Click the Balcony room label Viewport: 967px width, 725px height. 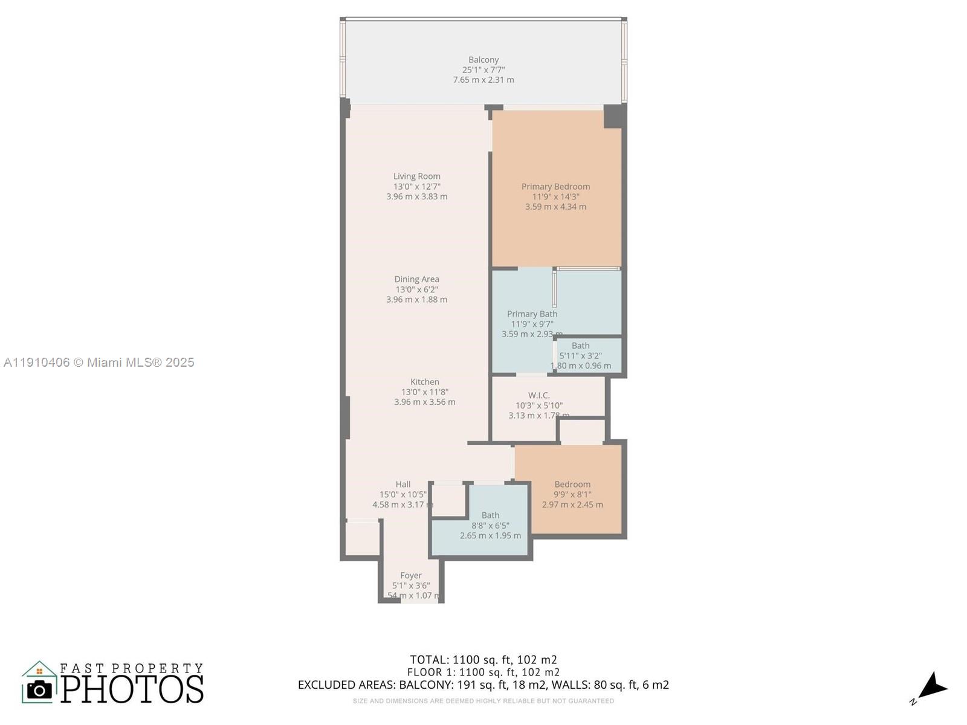coord(483,60)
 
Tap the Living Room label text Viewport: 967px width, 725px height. coord(416,176)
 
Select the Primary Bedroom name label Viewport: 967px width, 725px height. coord(555,187)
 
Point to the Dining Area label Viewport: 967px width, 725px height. coord(416,279)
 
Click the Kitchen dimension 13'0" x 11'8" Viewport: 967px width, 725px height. coord(424,392)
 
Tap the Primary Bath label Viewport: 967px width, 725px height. coord(532,314)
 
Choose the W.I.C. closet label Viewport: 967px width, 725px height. coord(538,395)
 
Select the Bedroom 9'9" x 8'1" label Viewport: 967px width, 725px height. coord(572,485)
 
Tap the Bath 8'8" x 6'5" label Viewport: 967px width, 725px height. coord(490,515)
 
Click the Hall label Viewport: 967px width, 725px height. coord(403,484)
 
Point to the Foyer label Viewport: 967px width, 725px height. coord(411,576)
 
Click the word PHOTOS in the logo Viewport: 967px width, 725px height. coord(132,689)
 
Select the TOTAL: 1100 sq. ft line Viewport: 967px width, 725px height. coord(483,660)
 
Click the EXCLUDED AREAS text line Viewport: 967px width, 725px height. coord(483,685)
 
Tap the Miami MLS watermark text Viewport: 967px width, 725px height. coord(99,362)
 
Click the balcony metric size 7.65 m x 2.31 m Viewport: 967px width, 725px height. coord(483,80)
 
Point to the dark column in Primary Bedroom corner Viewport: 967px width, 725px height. coord(613,116)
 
